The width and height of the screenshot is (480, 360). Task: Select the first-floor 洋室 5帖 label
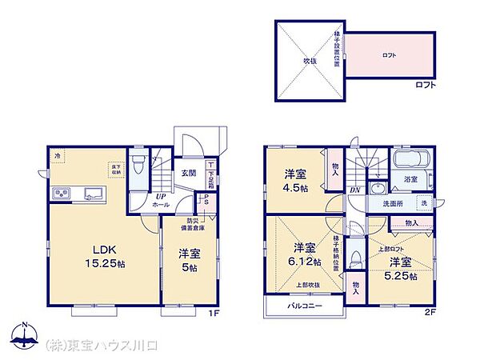tap(189, 261)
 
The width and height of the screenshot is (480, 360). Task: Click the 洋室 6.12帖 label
tap(303, 254)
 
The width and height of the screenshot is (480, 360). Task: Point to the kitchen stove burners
tap(62, 194)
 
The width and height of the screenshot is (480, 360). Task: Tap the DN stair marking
tap(354, 189)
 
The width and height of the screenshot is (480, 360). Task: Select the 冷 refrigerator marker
tap(56, 154)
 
